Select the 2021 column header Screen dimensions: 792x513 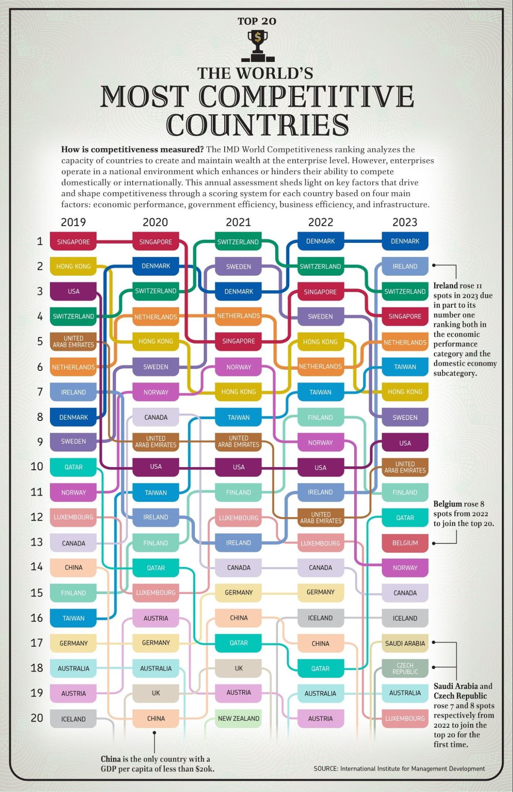(238, 222)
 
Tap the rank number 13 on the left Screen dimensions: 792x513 (37, 542)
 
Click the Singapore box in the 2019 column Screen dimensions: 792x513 (73, 242)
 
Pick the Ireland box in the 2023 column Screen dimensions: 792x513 (405, 266)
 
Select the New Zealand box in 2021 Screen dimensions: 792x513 (238, 718)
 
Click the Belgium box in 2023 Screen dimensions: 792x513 (405, 543)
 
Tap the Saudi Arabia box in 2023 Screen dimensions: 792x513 (405, 643)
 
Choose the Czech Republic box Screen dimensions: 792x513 (405, 668)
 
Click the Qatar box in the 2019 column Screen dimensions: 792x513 (73, 467)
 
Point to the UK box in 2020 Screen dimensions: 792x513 (156, 693)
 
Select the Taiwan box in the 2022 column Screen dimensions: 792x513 (320, 392)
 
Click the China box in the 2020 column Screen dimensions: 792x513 (156, 718)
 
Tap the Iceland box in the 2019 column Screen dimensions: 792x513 (73, 719)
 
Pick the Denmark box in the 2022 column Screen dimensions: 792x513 (320, 241)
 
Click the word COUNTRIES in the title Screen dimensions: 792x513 (257, 125)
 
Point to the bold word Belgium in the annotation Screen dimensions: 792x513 (447, 504)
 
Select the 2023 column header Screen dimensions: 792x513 (404, 222)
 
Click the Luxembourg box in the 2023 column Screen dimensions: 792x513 (405, 718)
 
